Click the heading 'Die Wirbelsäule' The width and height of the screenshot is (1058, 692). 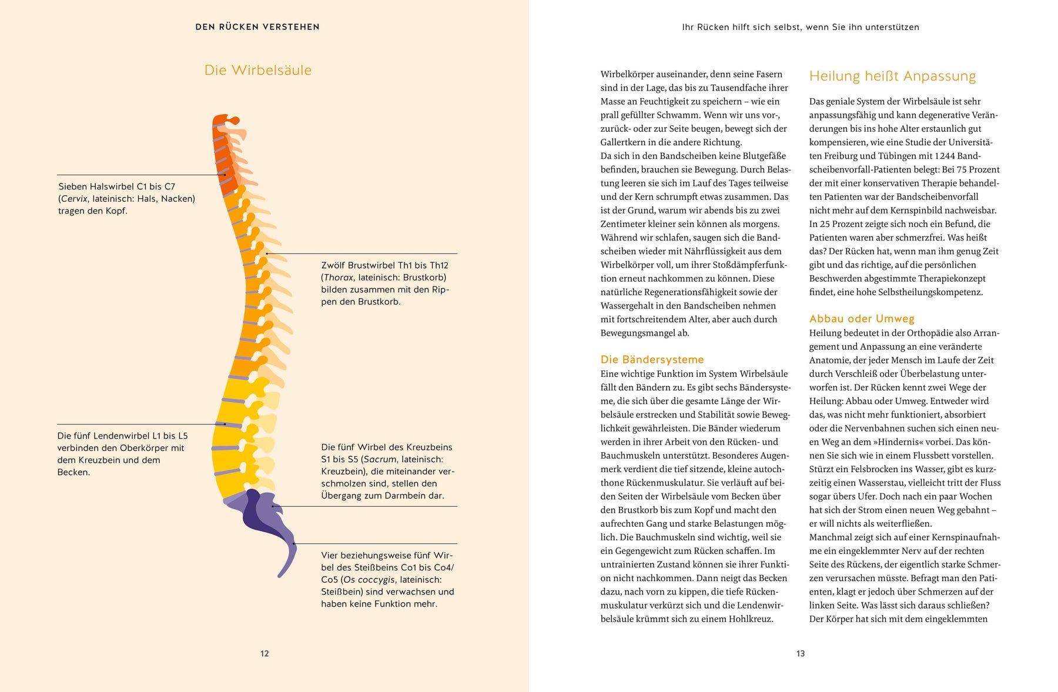click(257, 70)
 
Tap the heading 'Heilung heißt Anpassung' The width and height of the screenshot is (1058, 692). click(892, 76)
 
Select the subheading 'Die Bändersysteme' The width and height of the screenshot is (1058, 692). click(652, 359)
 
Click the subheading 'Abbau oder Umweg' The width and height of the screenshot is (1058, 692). click(862, 319)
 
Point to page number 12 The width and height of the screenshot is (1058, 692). click(264, 653)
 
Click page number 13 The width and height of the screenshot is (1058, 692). click(801, 653)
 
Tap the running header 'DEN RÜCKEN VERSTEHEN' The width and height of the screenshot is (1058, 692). click(257, 27)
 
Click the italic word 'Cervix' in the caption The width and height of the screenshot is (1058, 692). click(74, 199)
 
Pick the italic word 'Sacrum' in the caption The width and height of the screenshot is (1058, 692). click(380, 459)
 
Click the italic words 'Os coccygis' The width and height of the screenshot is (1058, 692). click(369, 580)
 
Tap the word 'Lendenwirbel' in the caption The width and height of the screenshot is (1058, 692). click(125, 436)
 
